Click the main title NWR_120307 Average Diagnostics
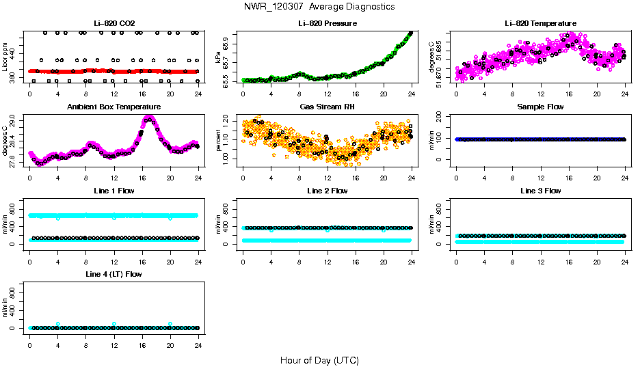click(x=319, y=6)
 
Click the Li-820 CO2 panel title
click(x=114, y=23)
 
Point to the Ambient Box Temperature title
click(x=114, y=107)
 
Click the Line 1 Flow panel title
click(x=114, y=191)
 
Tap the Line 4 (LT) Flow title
click(x=114, y=274)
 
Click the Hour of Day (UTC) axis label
click(x=319, y=360)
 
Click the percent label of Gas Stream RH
click(x=217, y=141)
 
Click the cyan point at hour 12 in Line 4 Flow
click(x=114, y=324)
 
